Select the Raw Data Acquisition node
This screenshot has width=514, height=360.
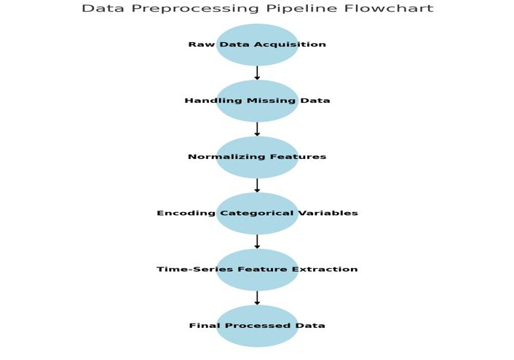click(257, 44)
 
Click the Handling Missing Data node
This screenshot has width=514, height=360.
click(257, 101)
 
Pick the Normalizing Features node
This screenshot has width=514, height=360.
click(257, 157)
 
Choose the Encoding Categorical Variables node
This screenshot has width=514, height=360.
click(257, 214)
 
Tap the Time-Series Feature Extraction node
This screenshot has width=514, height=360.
click(257, 270)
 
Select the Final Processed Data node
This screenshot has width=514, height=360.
click(257, 326)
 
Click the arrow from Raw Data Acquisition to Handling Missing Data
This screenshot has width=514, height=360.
click(257, 73)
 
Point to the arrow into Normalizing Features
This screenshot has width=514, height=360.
click(257, 129)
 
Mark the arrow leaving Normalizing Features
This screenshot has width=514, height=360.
click(257, 185)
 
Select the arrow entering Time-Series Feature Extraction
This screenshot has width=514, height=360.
click(257, 241)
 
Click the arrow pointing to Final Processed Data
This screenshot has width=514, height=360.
click(257, 297)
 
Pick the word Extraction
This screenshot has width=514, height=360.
click(325, 270)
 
